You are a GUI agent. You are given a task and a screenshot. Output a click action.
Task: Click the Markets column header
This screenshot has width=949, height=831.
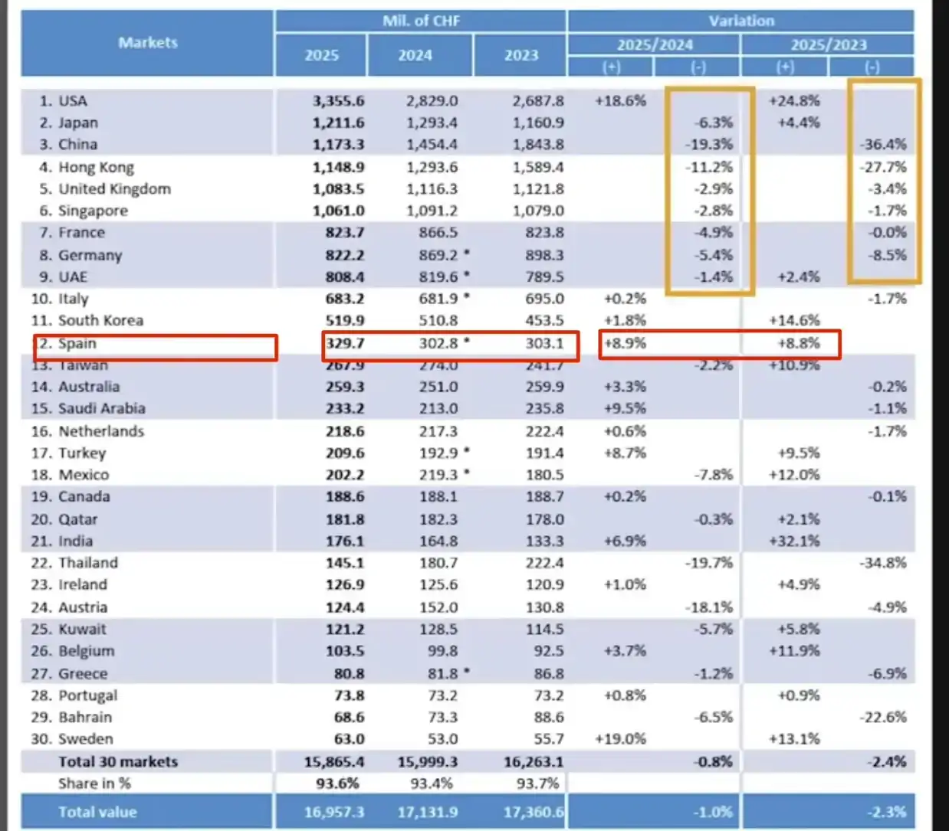pos(147,43)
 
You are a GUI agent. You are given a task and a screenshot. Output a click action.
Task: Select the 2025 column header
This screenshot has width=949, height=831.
pos(321,55)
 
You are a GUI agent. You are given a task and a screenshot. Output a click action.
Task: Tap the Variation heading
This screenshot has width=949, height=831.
pos(740,21)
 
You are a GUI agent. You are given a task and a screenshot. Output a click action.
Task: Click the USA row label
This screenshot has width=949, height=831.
pos(72,100)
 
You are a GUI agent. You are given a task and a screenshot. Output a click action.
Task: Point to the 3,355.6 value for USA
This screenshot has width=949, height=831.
pos(338,100)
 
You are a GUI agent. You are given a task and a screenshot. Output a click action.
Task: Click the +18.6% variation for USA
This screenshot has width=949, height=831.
pos(620,100)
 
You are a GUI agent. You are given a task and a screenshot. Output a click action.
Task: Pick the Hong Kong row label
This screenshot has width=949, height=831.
pos(95,167)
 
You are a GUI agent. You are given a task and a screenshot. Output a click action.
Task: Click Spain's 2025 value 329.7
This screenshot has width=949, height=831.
pos(345,343)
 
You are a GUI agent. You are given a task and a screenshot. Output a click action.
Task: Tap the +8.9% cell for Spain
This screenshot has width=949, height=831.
pos(625,343)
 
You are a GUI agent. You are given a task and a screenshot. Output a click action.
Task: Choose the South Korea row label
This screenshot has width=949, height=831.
pos(100,320)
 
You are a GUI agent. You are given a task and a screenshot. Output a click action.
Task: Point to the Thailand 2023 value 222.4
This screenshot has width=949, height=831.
pos(544,563)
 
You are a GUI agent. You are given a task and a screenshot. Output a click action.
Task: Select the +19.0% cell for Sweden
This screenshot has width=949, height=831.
pos(620,739)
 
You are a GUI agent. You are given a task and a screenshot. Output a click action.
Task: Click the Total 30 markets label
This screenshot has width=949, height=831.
pos(118,762)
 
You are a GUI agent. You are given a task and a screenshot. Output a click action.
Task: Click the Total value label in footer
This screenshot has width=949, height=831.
pos(97,812)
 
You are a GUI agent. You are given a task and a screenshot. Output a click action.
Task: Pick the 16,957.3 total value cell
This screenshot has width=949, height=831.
pos(334,812)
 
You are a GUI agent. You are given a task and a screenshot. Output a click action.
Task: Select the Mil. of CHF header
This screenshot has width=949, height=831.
pos(421,21)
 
